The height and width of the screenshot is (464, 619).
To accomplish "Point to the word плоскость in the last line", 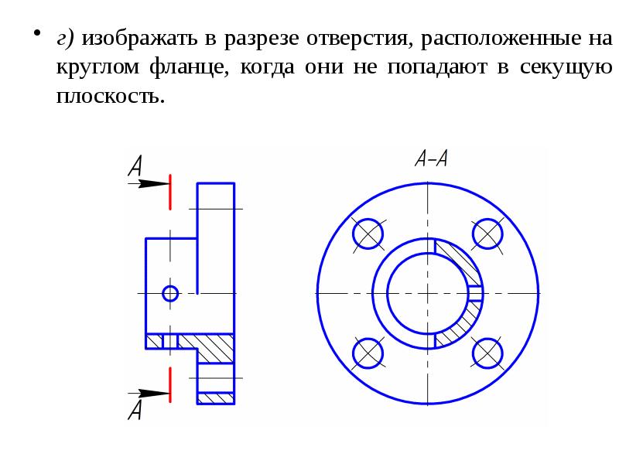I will (110, 97).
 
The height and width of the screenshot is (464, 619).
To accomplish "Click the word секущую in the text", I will (567, 67).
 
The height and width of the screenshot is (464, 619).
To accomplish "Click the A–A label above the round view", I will (431, 159).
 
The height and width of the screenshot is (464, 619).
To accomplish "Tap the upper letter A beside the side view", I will (135, 166).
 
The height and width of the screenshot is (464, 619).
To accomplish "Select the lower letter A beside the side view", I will (135, 409).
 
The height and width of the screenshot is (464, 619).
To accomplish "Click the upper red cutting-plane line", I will (169, 192).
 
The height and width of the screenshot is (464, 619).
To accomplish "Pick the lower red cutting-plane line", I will (169, 384).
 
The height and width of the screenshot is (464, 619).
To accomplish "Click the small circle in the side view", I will (170, 293).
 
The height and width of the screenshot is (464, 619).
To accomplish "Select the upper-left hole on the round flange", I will (368, 233).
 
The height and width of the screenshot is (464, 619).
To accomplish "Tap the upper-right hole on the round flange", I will (488, 233).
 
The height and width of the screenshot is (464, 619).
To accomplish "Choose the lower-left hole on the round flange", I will (368, 353).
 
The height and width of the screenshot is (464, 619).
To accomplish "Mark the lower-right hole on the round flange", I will (488, 353).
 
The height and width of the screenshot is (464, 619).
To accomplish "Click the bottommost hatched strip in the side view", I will (216, 398).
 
